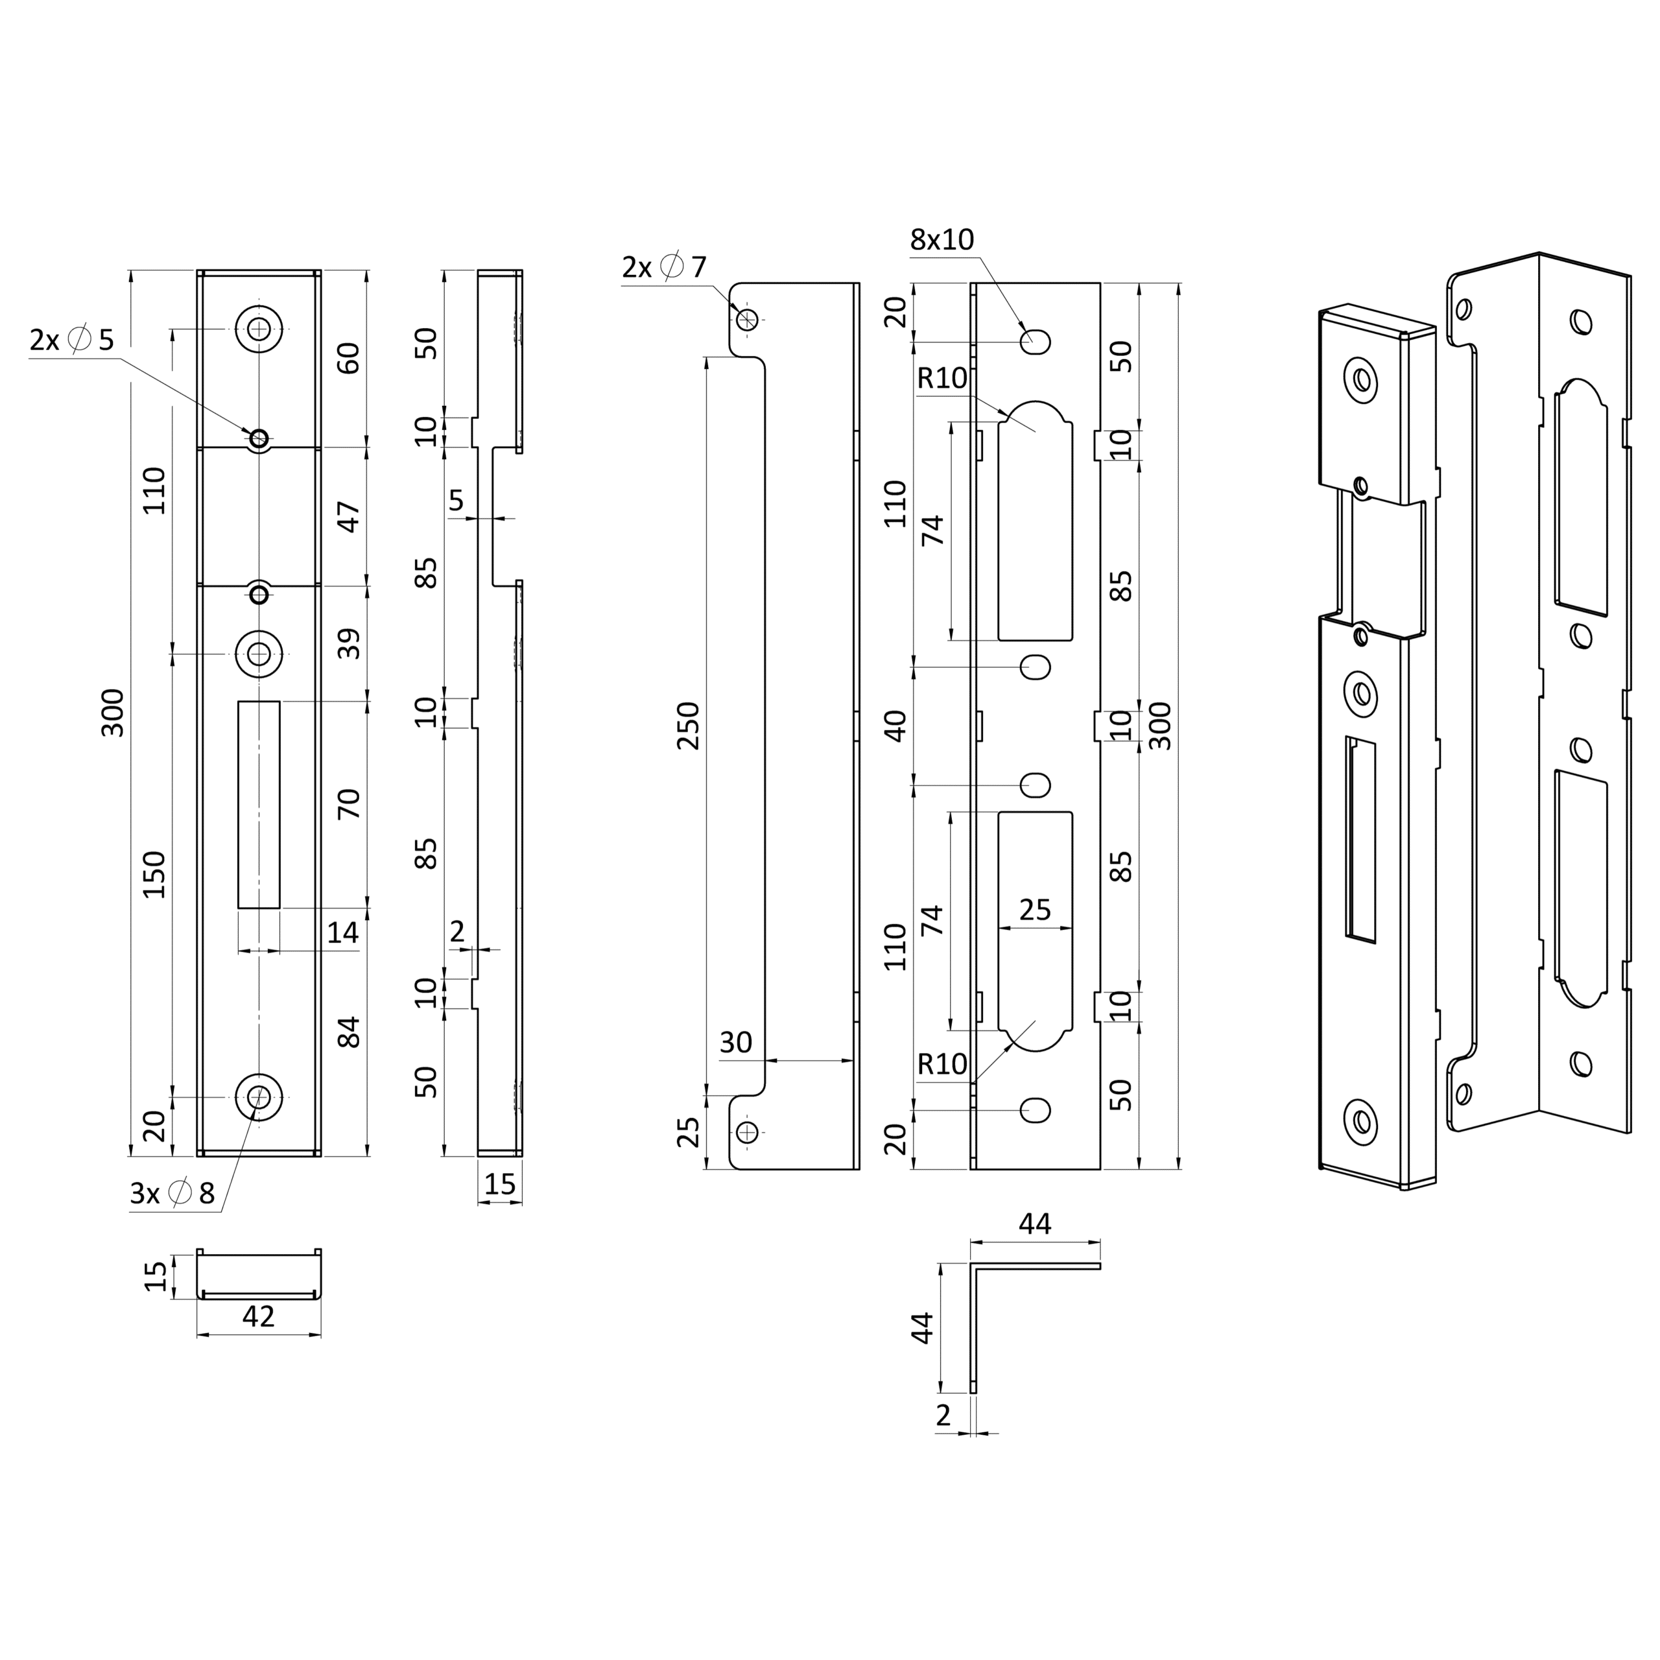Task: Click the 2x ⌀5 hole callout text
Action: point(72,340)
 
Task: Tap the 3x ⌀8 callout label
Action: point(172,1192)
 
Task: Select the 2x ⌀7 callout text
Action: point(664,267)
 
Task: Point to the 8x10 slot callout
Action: point(943,240)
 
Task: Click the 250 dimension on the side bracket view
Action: point(689,726)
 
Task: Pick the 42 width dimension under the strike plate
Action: point(259,1316)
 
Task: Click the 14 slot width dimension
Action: point(343,932)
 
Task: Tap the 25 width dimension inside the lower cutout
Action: point(1036,910)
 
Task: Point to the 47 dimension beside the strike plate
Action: point(348,516)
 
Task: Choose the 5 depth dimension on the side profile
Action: point(456,500)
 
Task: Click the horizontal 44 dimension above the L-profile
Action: point(1036,1224)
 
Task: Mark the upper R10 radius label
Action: point(943,378)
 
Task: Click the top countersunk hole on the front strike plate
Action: point(259,328)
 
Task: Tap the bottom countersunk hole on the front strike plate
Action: point(259,1097)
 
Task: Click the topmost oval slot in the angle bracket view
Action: point(1036,342)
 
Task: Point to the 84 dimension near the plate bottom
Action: point(348,1032)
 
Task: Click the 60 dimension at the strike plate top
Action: point(348,357)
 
